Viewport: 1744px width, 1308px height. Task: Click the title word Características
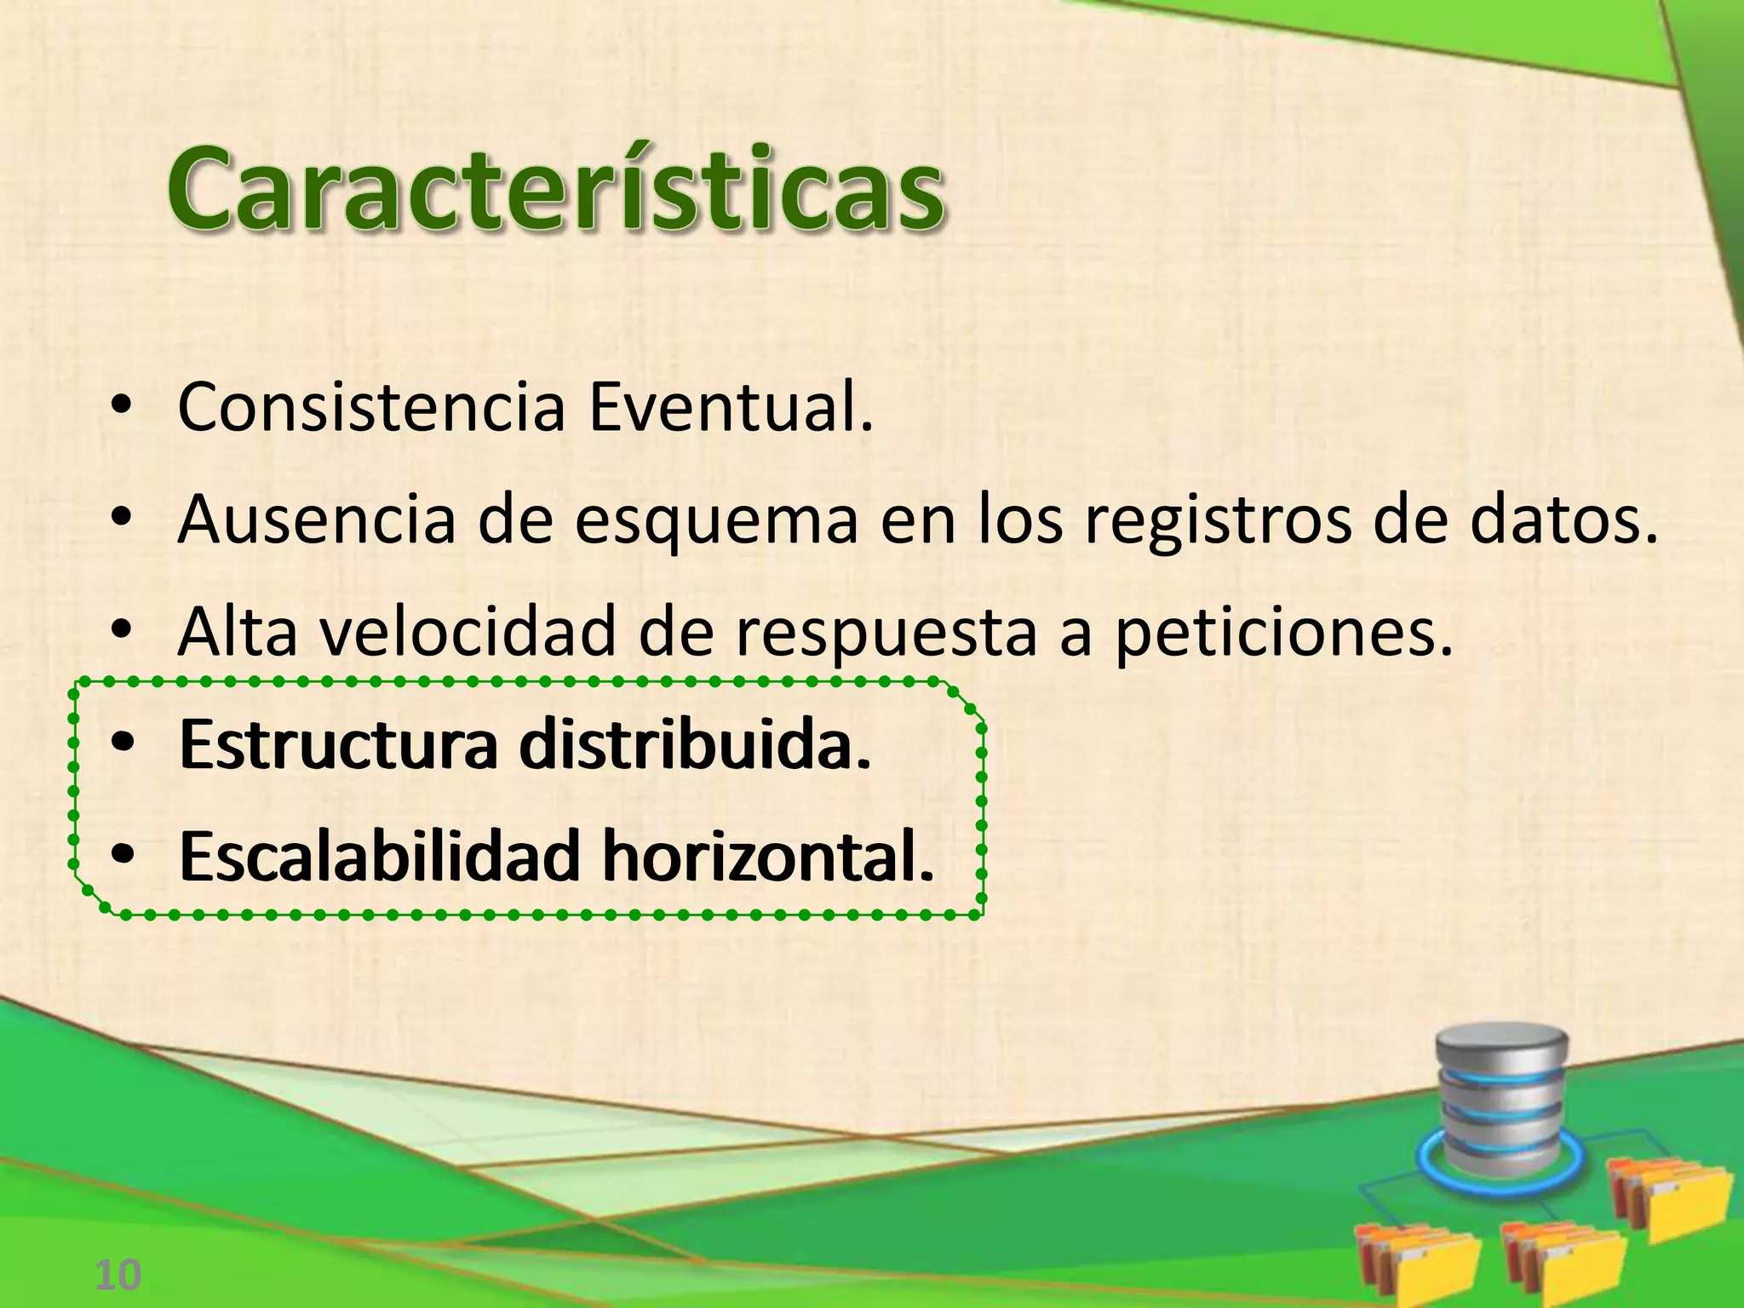(555, 189)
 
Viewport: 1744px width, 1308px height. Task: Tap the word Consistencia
(371, 408)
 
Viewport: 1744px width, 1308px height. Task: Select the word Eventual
(731, 408)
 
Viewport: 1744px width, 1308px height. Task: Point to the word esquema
(716, 522)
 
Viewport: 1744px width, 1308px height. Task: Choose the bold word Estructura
(338, 745)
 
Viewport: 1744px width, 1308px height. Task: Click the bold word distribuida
(695, 745)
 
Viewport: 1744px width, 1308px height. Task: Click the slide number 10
(118, 1276)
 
